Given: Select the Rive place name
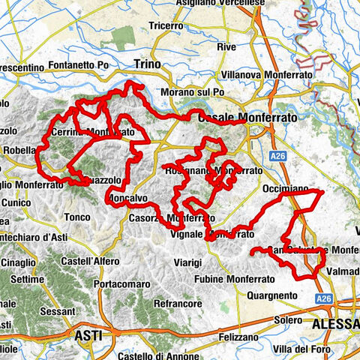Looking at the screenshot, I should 226,46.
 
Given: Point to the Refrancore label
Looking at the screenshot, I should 177,304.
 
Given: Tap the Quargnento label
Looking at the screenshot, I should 271,295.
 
